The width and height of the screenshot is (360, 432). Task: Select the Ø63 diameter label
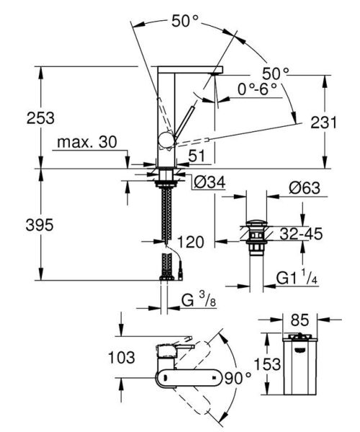(x=305, y=189)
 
